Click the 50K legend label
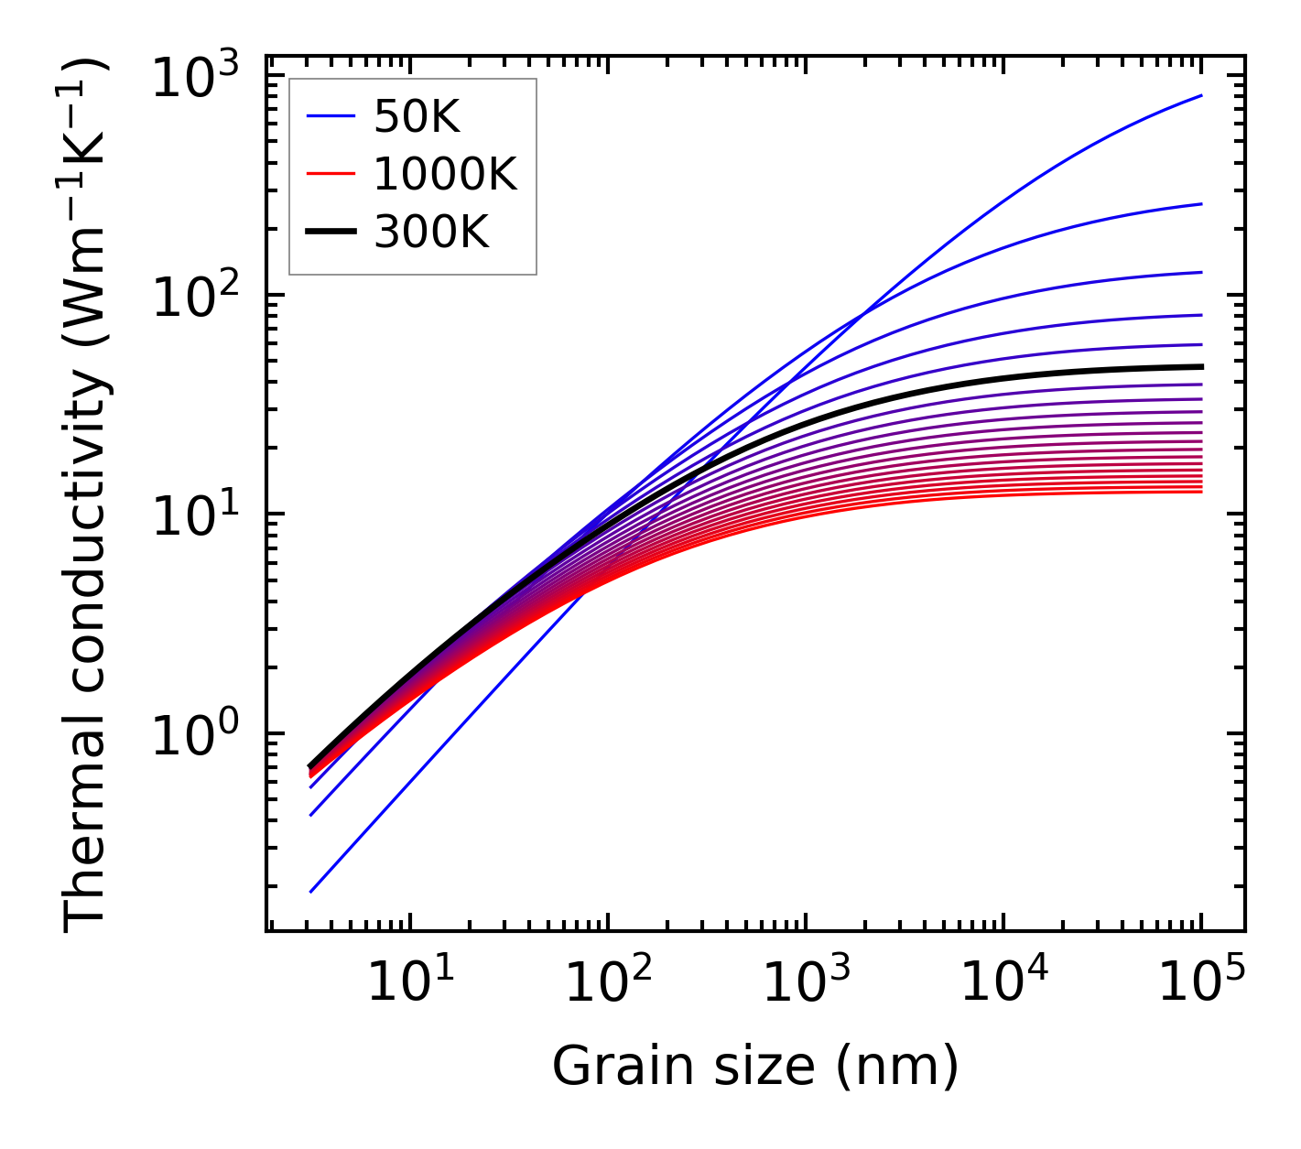click(417, 116)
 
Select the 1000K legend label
click(445, 174)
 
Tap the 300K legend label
click(431, 233)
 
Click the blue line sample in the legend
click(330, 116)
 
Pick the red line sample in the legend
click(330, 174)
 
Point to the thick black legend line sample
click(330, 233)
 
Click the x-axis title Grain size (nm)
click(755, 1066)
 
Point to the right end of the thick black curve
click(1201, 366)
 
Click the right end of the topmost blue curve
click(1201, 95)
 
